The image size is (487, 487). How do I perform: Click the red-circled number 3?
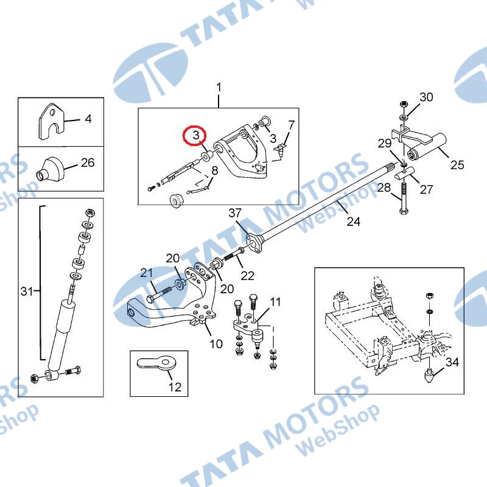196,135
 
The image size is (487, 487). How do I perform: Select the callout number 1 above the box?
219,87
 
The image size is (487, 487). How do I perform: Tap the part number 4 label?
88,119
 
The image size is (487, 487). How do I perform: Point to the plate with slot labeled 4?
52,121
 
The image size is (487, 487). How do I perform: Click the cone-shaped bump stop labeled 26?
51,170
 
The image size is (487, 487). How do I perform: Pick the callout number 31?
27,292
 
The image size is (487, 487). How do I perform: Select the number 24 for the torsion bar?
354,222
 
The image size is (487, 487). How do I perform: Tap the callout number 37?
235,213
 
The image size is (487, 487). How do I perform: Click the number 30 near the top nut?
426,97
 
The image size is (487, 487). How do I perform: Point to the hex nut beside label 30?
404,104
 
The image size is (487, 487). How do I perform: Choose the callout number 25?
457,164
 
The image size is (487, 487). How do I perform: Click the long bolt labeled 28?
404,198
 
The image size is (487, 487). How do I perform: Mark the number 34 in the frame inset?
452,362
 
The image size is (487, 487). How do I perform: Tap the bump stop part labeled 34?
429,375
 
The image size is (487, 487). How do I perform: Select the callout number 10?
216,344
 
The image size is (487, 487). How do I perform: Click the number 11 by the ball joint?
275,301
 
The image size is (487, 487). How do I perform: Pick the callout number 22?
248,276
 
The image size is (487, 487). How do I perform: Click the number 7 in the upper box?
291,125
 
